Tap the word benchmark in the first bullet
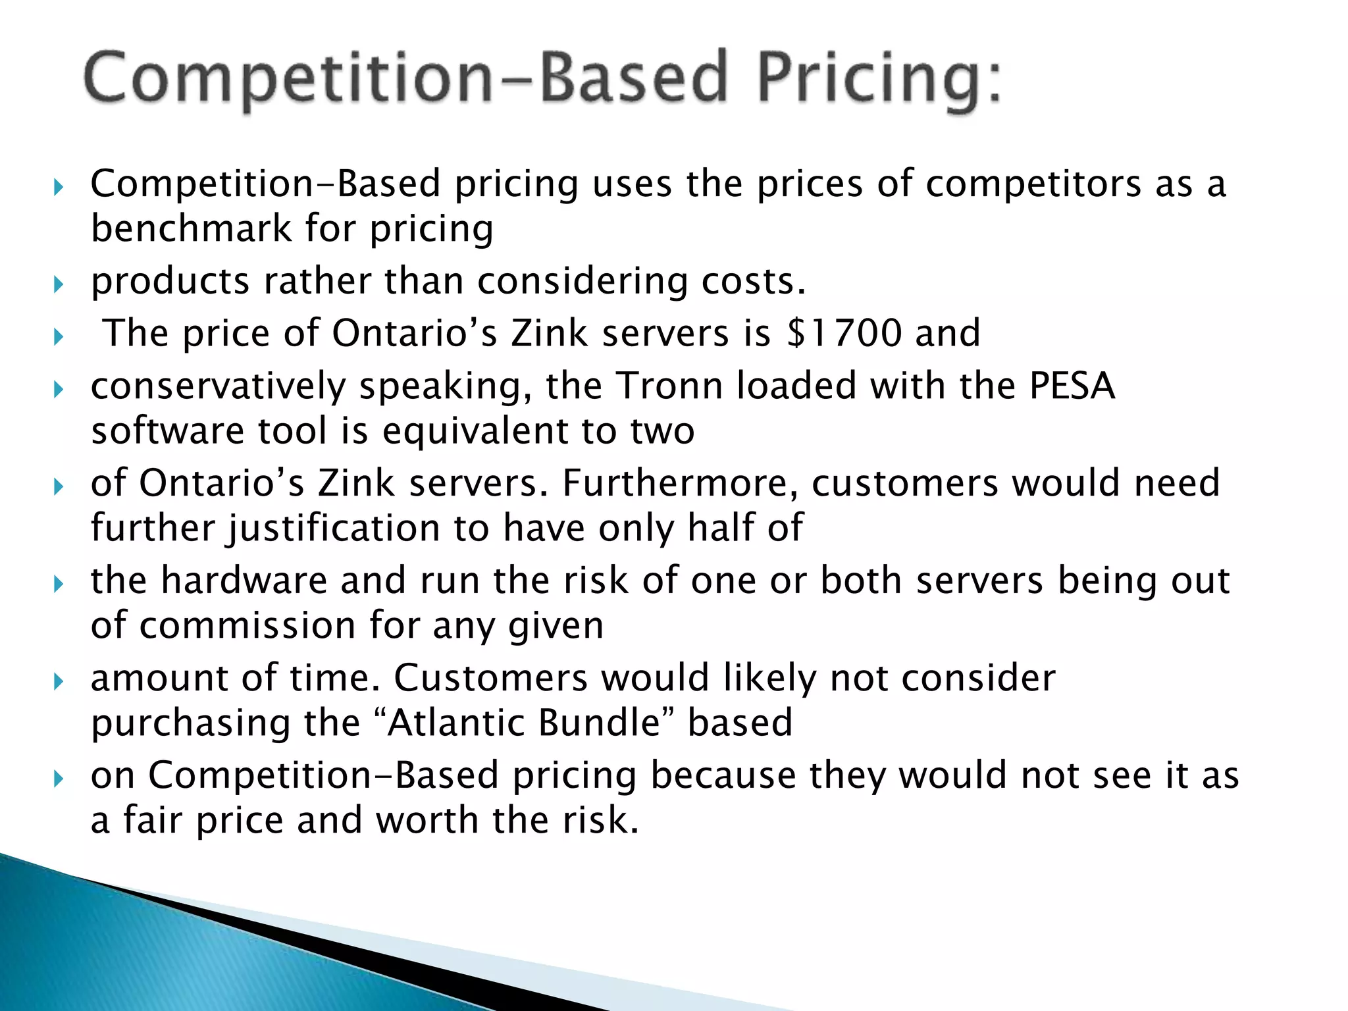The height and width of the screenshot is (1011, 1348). pos(191,228)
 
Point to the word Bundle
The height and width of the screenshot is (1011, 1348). pos(599,723)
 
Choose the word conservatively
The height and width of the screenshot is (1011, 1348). pos(218,386)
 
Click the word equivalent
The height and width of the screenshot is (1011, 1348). pos(475,431)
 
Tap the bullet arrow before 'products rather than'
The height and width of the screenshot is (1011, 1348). pos(59,284)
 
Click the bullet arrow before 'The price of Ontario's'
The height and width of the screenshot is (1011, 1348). pos(59,336)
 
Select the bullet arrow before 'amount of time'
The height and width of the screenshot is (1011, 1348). pos(59,681)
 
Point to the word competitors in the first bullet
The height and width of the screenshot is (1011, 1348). pos(1033,184)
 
